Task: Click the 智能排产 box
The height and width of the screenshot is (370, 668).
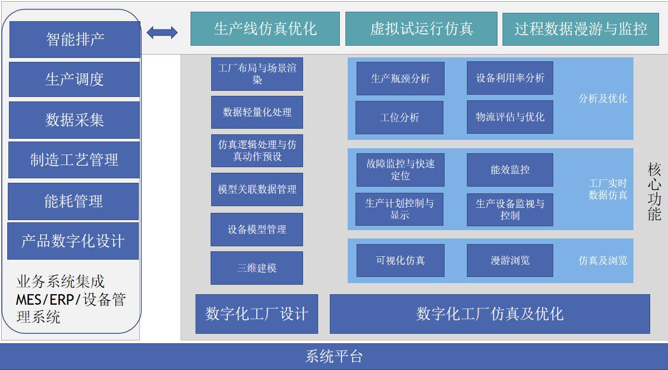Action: pyautogui.click(x=75, y=40)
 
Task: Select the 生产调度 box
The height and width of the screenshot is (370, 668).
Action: pyautogui.click(x=74, y=80)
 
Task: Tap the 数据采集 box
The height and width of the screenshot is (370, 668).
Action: pyautogui.click(x=74, y=120)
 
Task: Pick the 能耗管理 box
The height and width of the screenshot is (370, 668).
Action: pyautogui.click(x=73, y=201)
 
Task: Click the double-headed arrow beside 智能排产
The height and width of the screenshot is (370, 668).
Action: pyautogui.click(x=162, y=32)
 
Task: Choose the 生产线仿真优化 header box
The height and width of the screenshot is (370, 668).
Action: pyautogui.click(x=265, y=29)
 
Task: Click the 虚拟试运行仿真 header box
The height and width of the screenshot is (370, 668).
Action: pyautogui.click(x=421, y=29)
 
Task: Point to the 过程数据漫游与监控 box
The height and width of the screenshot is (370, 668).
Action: pyautogui.click(x=581, y=29)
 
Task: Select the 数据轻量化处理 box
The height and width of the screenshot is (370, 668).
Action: pyautogui.click(x=257, y=112)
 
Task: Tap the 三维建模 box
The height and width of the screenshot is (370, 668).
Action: pyautogui.click(x=257, y=268)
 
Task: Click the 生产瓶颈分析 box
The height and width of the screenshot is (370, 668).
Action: pyautogui.click(x=400, y=79)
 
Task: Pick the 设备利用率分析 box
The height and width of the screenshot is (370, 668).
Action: pyautogui.click(x=510, y=78)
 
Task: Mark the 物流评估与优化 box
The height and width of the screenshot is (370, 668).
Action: pyautogui.click(x=510, y=117)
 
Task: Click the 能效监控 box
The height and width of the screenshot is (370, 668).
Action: pyautogui.click(x=510, y=170)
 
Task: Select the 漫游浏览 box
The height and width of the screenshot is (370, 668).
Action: pyautogui.click(x=510, y=260)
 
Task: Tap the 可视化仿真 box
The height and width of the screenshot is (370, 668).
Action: pyautogui.click(x=400, y=260)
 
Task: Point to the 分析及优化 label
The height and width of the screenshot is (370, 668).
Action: pyautogui.click(x=603, y=99)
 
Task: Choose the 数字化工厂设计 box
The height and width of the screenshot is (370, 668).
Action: pyautogui.click(x=257, y=314)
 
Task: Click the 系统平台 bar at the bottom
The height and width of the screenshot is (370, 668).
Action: pyautogui.click(x=334, y=356)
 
